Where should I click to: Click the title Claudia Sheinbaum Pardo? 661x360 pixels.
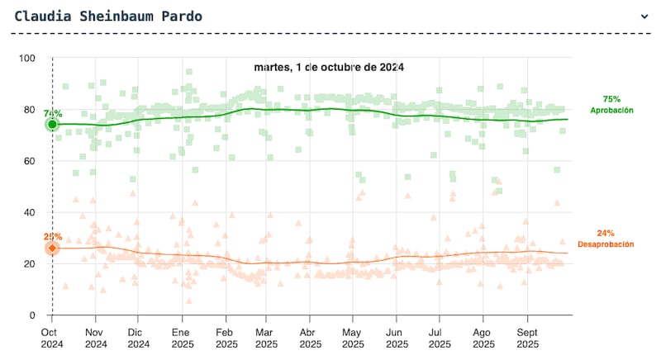[x=108, y=16]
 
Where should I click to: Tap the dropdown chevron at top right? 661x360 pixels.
[x=644, y=16]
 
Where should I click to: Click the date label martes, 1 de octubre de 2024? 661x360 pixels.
[x=328, y=68]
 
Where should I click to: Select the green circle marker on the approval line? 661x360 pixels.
[x=52, y=125]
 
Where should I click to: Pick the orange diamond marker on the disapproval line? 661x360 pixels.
[x=52, y=248]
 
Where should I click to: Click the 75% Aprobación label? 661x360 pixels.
[x=611, y=105]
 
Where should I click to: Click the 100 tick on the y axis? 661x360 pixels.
[x=27, y=58]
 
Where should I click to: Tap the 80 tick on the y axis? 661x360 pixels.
[x=30, y=110]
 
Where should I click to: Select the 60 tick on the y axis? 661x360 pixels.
[x=30, y=161]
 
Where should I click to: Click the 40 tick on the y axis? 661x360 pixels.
[x=30, y=212]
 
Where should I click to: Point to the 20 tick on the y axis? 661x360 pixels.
[x=30, y=264]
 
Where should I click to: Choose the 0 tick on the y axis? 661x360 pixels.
[x=32, y=315]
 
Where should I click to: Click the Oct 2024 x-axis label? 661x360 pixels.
[x=52, y=338]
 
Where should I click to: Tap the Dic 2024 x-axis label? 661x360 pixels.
[x=139, y=338]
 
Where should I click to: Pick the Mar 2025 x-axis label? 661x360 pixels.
[x=267, y=338]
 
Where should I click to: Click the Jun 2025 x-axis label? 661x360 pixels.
[x=397, y=338]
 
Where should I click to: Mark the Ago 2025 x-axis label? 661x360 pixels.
[x=483, y=338]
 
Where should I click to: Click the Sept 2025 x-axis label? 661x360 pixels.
[x=527, y=338]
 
